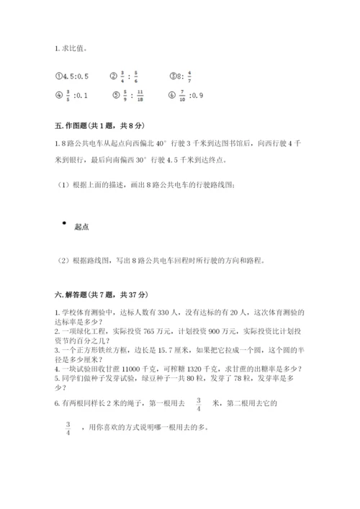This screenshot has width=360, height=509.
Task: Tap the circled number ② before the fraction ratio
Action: tap(114, 73)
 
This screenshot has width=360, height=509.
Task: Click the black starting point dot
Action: tap(64, 223)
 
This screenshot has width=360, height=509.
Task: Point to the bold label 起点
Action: tap(81, 227)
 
